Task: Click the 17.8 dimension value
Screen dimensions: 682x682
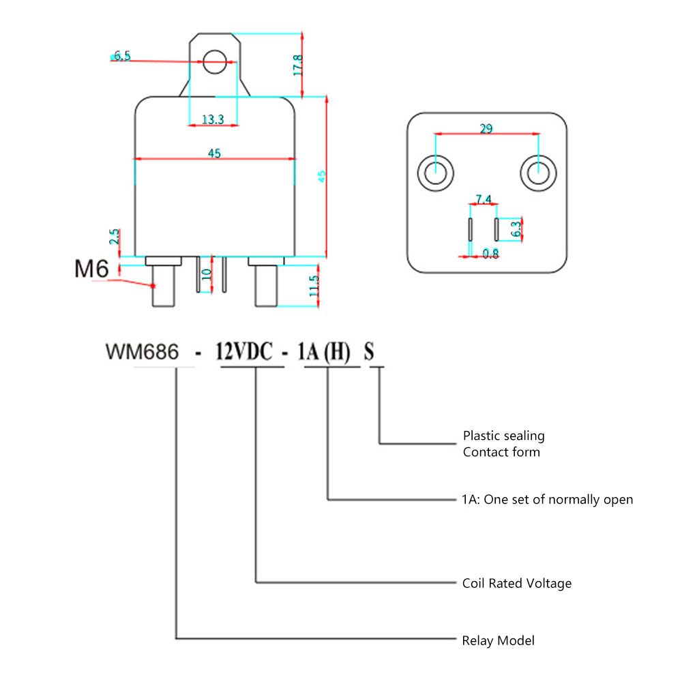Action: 298,65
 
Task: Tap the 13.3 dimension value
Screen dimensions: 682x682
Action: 213,119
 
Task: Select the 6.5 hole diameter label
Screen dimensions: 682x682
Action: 122,56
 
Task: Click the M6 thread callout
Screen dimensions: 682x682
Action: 91,269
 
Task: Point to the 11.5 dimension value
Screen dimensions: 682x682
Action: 314,286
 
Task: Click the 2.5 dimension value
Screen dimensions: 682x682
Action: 115,237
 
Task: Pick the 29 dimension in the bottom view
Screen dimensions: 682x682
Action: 486,128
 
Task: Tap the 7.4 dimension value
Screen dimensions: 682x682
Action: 483,199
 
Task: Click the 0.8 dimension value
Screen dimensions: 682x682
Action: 490,254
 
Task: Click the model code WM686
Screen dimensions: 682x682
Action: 142,353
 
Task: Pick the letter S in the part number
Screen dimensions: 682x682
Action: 369,353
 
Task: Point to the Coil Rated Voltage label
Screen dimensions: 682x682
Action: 516,583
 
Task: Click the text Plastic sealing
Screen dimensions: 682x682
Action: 503,435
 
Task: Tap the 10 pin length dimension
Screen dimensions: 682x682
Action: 207,276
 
